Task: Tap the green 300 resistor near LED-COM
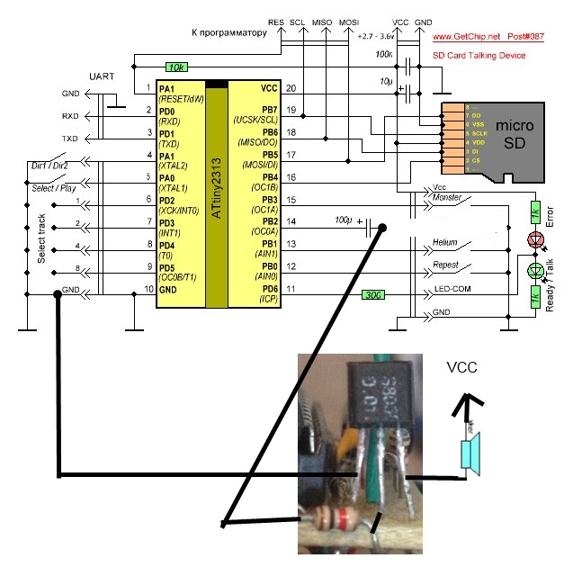click(x=374, y=294)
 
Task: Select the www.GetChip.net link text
click(x=465, y=38)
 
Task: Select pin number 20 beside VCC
click(x=291, y=88)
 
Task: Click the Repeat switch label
click(x=445, y=266)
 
